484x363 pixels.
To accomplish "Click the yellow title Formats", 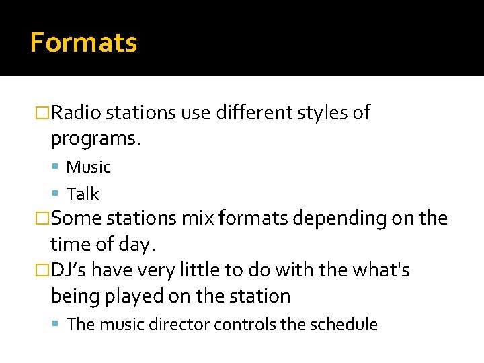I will click(x=83, y=42).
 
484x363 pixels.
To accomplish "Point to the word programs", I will click(x=96, y=139).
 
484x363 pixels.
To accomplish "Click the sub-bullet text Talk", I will click(x=83, y=194).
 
